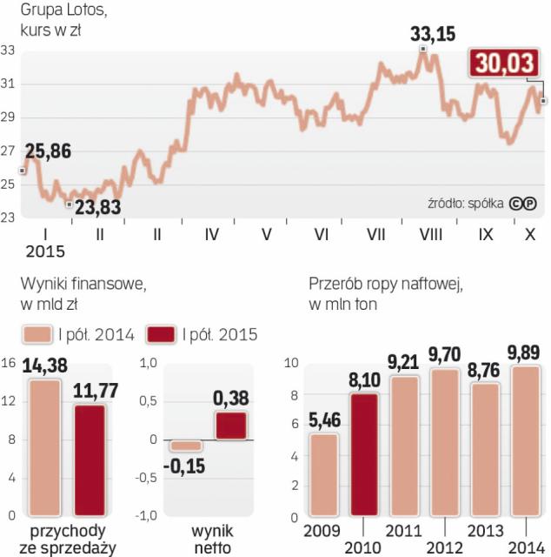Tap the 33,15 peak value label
tap(433, 36)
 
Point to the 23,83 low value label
tap(96, 207)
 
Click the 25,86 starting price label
tap(48, 151)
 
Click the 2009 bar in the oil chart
tap(324, 475)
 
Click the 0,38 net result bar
tap(231, 426)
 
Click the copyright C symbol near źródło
tap(515, 204)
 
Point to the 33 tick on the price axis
tap(8, 50)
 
